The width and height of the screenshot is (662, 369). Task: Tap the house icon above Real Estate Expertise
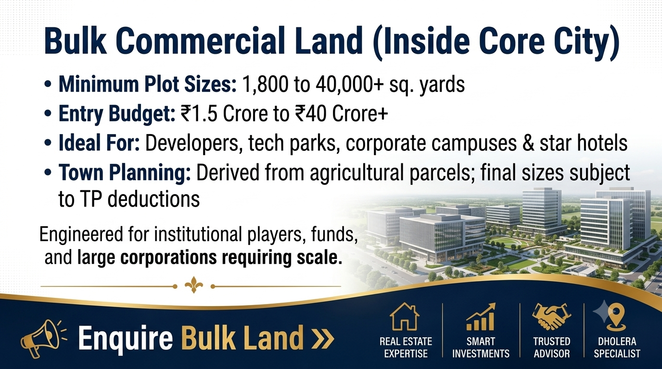coord(405,317)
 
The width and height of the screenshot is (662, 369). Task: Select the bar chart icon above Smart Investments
coord(481,317)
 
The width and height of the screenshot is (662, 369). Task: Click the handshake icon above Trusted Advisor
coord(551,317)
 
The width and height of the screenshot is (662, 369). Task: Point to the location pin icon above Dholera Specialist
coord(618,316)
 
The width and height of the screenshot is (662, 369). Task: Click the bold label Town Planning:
coord(125,172)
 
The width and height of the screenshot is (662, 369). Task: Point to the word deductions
coord(153,199)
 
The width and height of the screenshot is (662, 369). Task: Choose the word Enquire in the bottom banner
coord(126,337)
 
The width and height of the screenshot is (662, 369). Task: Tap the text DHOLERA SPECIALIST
coord(617,347)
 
